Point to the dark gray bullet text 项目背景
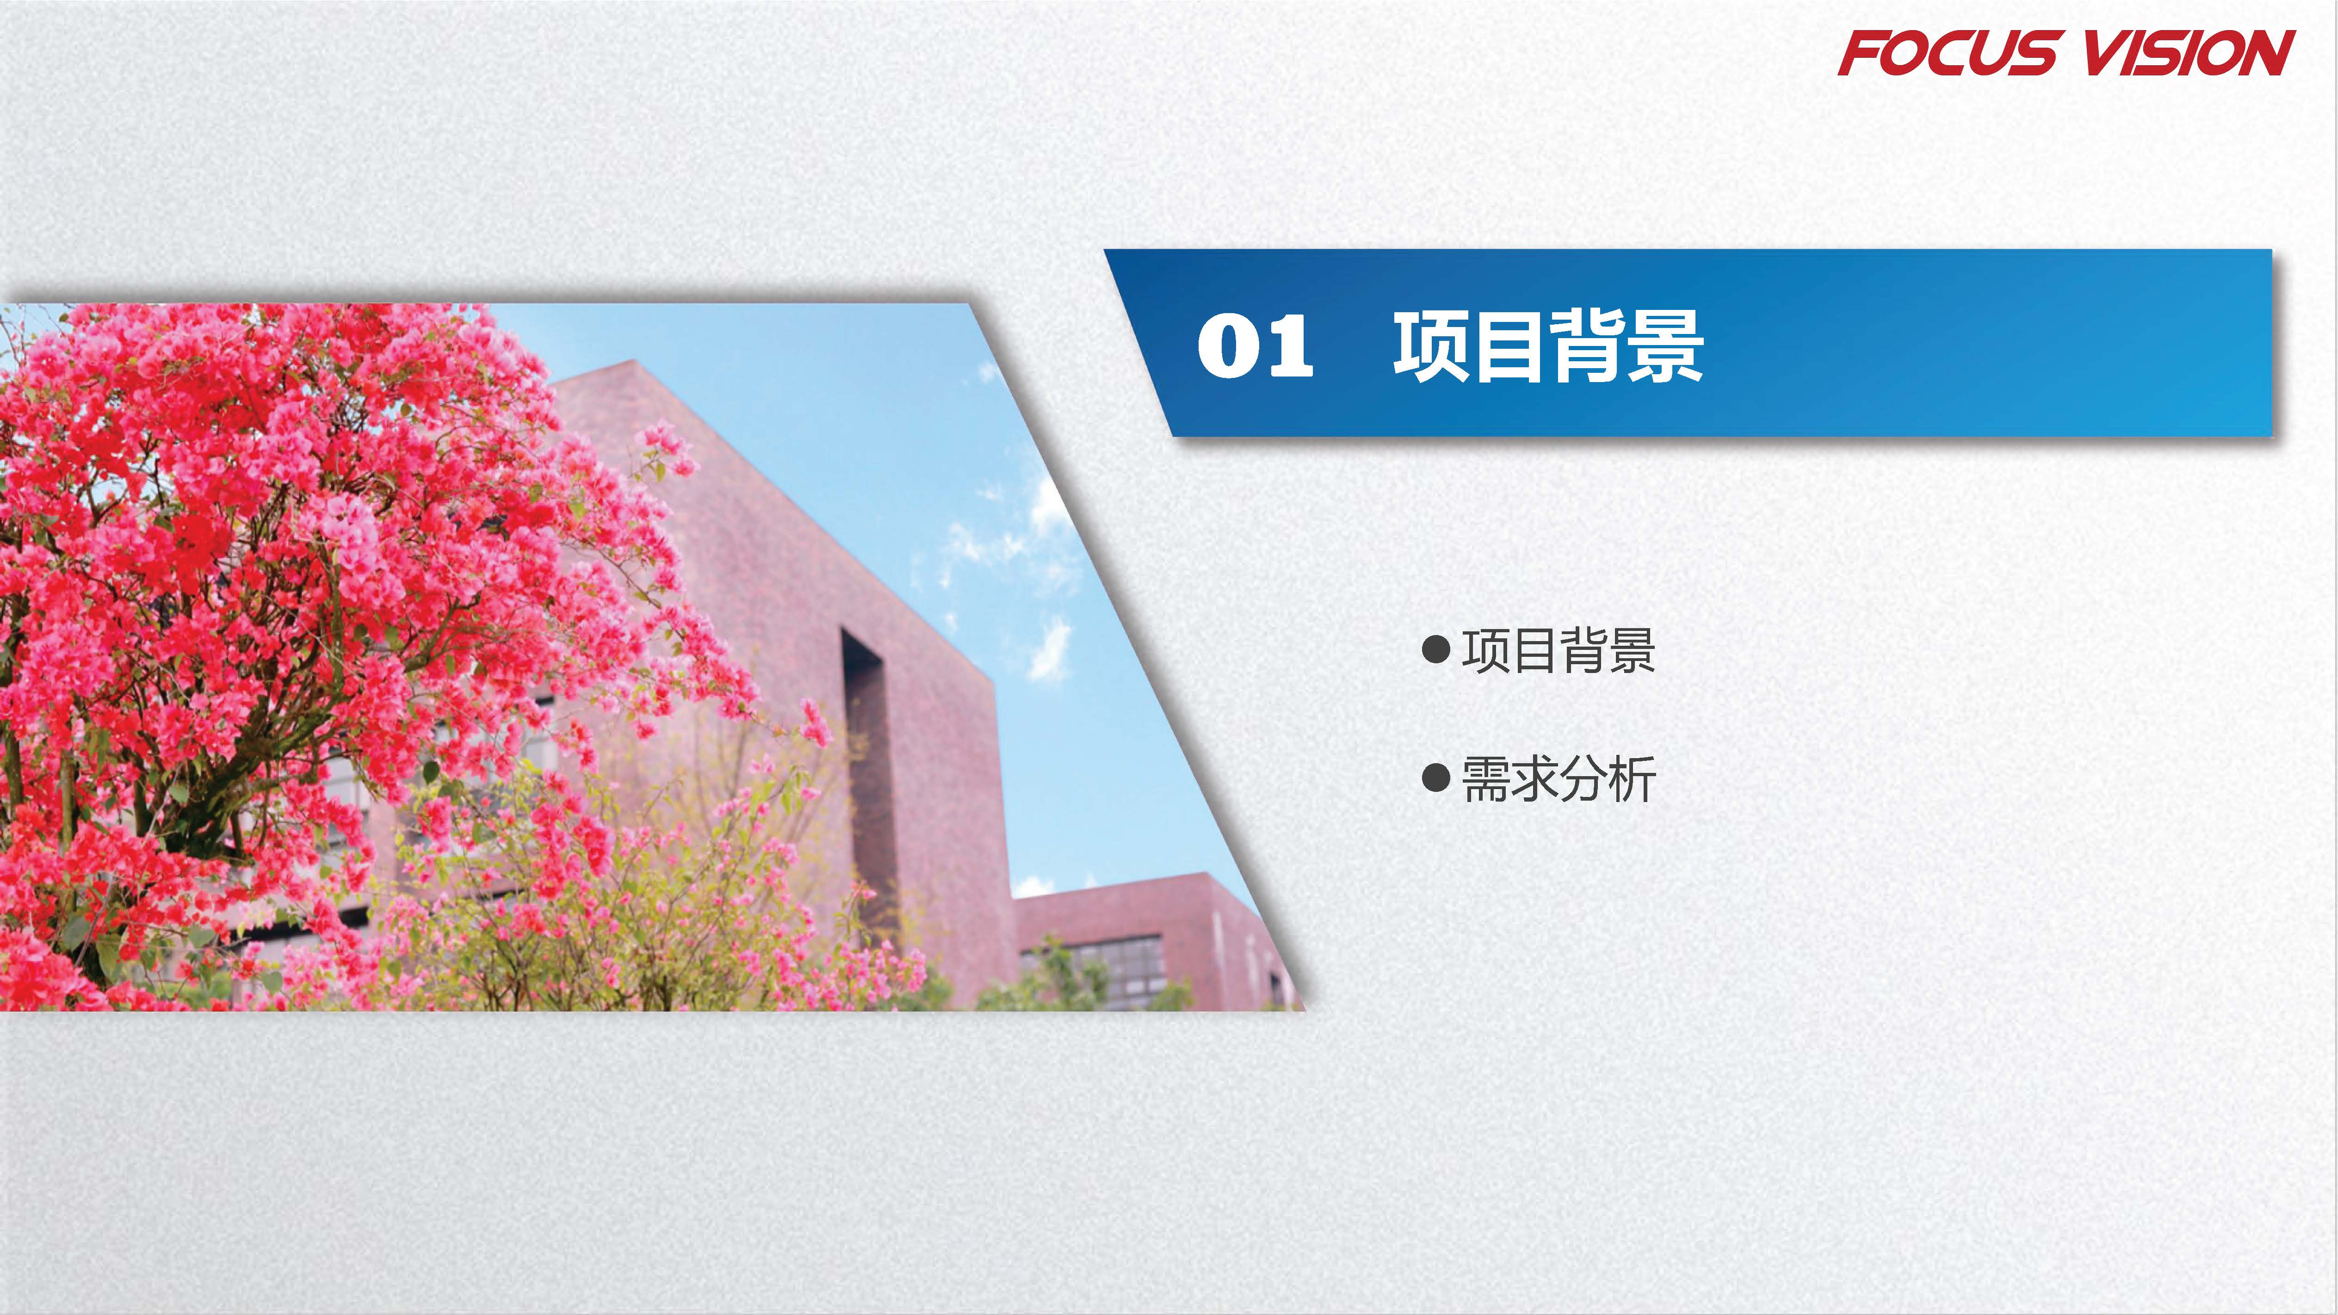point(1559,651)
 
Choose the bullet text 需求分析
point(1559,778)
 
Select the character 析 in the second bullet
point(1632,778)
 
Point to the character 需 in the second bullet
point(1486,778)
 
